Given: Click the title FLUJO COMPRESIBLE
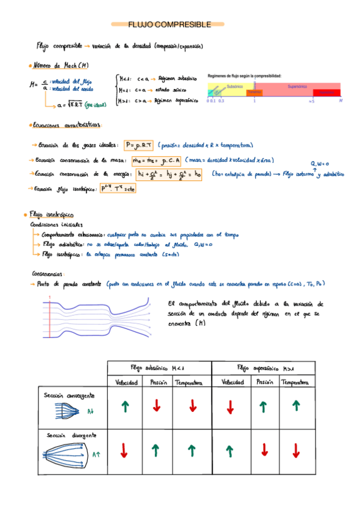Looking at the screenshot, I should (169, 25).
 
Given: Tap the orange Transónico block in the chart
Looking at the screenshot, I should (254, 92).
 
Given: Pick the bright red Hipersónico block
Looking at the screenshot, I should (326, 93).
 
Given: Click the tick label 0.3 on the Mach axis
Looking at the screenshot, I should (221, 101).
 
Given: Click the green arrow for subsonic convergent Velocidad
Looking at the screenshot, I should (125, 407).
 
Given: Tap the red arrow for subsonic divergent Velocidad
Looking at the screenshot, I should (125, 450).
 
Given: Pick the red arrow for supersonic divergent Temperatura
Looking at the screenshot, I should (296, 450).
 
